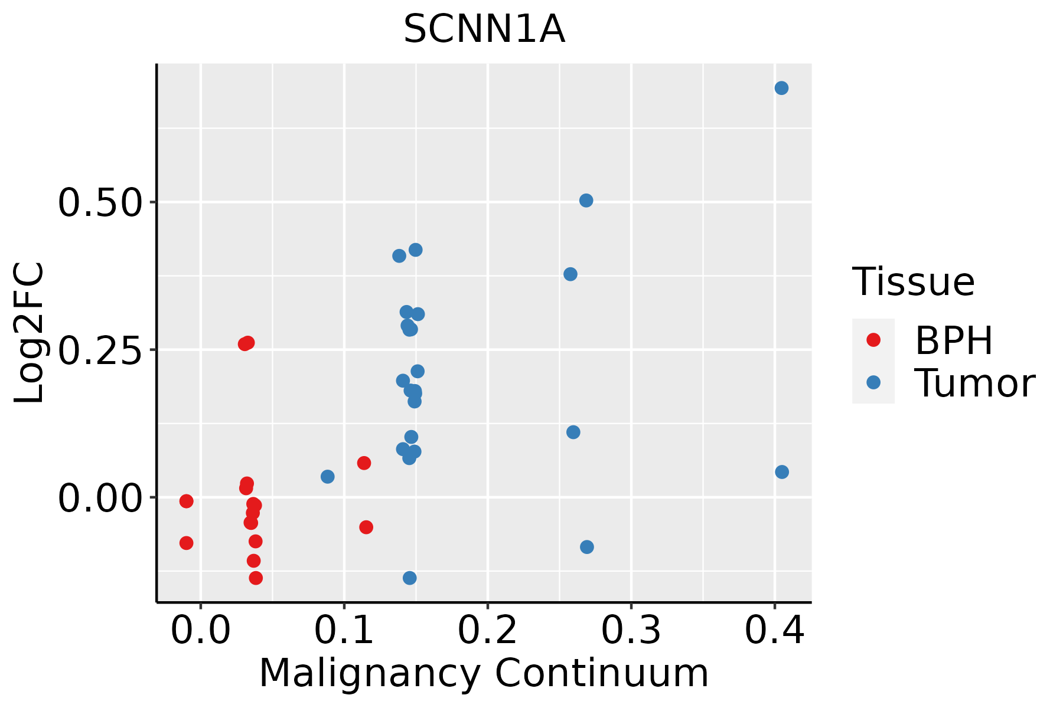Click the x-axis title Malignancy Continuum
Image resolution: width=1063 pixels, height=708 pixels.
(484, 673)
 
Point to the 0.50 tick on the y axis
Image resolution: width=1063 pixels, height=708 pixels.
(100, 202)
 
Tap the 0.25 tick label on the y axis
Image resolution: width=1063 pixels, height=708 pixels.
(100, 350)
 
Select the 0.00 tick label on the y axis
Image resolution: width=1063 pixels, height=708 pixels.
(100, 498)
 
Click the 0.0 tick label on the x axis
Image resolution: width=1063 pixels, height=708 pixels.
(201, 631)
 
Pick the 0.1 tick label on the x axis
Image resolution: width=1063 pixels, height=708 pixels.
(344, 631)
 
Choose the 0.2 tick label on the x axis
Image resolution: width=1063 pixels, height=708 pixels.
(488, 631)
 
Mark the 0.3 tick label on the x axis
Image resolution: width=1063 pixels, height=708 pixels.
(631, 631)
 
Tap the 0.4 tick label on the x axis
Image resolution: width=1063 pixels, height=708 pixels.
(775, 631)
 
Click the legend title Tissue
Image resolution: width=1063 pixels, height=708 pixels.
(914, 282)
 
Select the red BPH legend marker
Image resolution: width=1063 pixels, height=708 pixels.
(873, 340)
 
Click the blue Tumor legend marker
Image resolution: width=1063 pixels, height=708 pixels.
(873, 382)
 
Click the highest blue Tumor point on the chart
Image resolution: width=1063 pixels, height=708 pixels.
(781, 88)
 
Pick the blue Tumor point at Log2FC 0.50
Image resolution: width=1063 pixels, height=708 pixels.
(586, 201)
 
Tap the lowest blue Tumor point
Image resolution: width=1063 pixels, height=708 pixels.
(409, 578)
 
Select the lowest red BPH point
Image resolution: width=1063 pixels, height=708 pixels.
(256, 578)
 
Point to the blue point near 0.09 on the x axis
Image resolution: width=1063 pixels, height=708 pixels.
(327, 476)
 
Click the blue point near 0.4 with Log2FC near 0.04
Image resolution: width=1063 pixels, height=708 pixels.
(782, 472)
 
